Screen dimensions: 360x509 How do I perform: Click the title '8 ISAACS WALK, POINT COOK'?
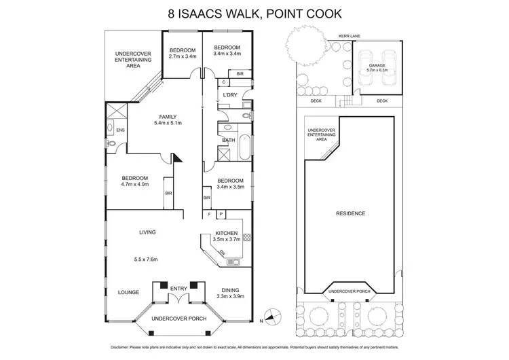pyautogui.click(x=254, y=12)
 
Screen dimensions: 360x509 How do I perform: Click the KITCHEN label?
pyautogui.click(x=226, y=233)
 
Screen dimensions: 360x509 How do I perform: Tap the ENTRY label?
pyautogui.click(x=179, y=289)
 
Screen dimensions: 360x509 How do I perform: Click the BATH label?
pyautogui.click(x=229, y=141)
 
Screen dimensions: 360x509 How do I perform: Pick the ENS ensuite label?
pyautogui.click(x=120, y=130)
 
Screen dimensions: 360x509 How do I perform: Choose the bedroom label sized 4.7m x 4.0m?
pyautogui.click(x=134, y=179)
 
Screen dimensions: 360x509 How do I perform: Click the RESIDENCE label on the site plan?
pyautogui.click(x=350, y=213)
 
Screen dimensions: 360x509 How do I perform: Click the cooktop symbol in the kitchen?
pyautogui.click(x=247, y=238)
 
